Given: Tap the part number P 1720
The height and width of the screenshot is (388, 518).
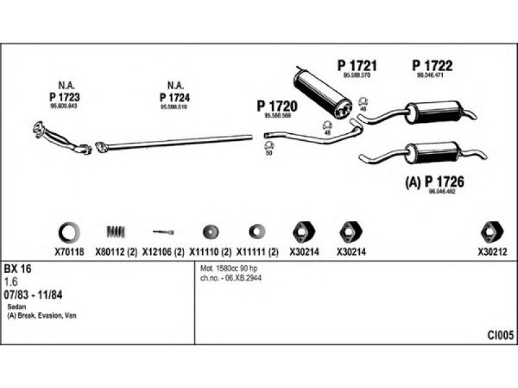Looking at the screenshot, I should pos(276,105).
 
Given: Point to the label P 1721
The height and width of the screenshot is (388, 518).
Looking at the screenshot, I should pos(357,65).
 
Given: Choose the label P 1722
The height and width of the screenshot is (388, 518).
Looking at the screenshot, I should pos(433,65).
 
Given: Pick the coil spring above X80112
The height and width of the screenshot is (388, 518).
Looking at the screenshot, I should pos(117,231).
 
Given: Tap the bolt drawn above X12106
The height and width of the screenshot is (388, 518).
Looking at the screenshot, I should pos(163,231).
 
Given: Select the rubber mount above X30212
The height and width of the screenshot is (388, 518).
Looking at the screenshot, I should pos(491,231).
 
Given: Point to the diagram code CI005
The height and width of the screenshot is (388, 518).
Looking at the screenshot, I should pos(501,335).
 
